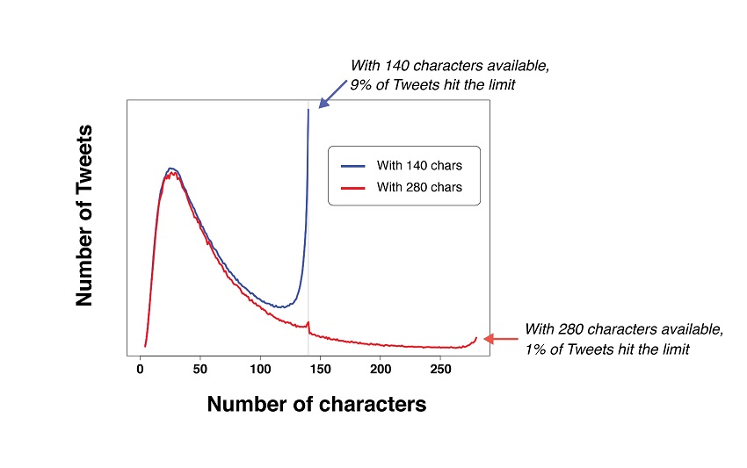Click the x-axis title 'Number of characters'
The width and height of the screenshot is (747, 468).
click(316, 404)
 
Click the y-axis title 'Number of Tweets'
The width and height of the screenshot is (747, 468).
click(84, 215)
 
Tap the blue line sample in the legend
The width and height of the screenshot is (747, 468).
click(353, 165)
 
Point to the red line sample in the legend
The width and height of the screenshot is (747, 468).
click(353, 187)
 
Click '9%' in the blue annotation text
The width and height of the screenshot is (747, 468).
click(361, 86)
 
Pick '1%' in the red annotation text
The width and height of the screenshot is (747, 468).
click(536, 350)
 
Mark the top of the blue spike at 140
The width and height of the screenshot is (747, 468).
click(308, 110)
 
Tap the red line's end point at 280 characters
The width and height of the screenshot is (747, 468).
click(476, 337)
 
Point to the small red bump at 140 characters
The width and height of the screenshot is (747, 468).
click(308, 323)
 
